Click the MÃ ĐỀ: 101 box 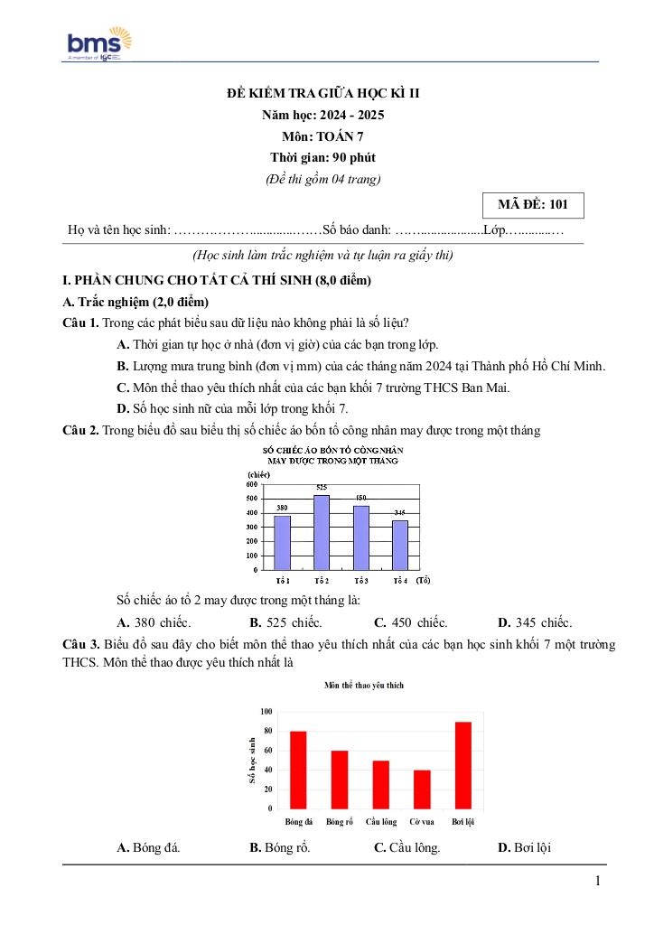coord(533,205)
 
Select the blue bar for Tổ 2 coord(322,533)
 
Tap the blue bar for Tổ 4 coord(400,546)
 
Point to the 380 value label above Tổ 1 coord(282,508)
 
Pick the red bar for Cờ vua coord(422,789)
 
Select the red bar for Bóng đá coord(298,769)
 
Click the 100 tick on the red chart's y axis coord(266,711)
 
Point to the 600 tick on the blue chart coord(251,484)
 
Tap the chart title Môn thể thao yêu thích coord(364,686)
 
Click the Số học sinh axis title coord(251,760)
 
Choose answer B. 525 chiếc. coord(285,622)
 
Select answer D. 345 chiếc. coord(535,622)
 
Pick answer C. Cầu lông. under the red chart coord(406,847)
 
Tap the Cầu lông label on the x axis coord(381,822)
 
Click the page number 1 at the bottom coord(597,882)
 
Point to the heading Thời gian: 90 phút coord(322,157)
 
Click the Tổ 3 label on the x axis coord(361,580)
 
